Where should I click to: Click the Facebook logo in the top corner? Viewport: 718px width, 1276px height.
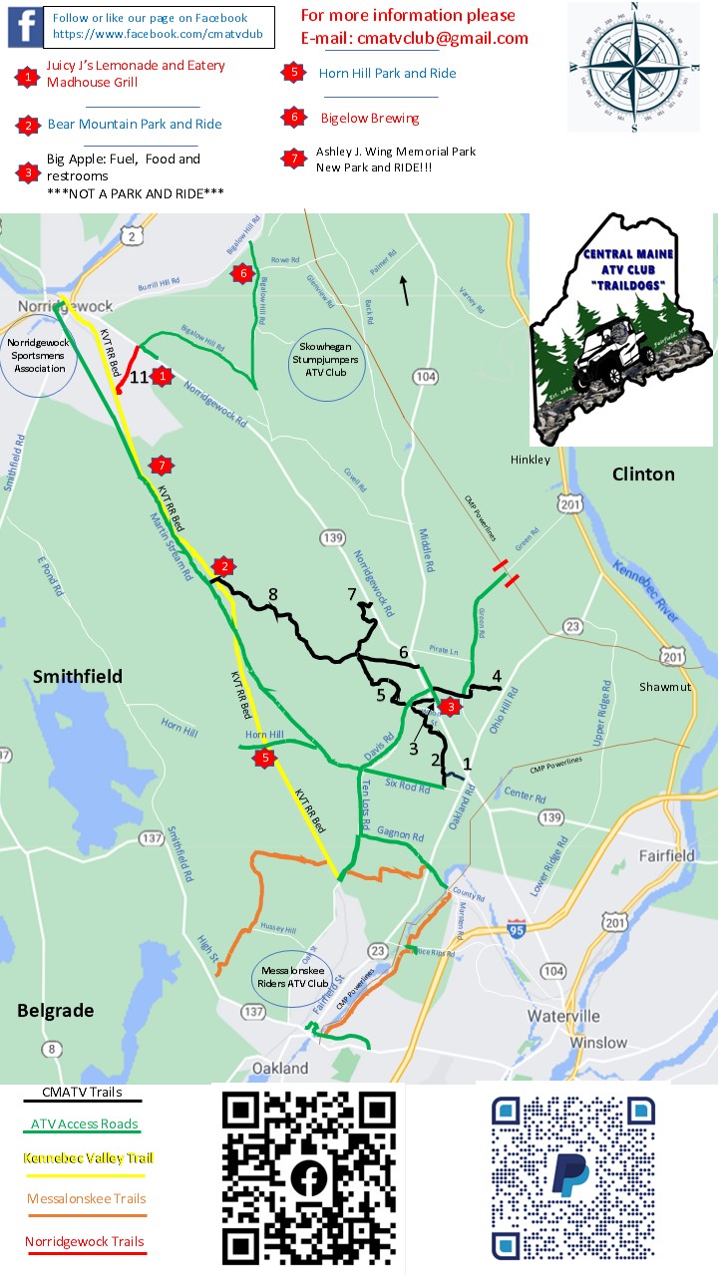(x=25, y=26)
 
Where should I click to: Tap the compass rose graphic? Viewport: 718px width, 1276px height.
(x=635, y=66)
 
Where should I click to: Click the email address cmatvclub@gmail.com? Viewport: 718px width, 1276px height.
(x=415, y=38)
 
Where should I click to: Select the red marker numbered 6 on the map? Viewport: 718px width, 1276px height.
(x=239, y=273)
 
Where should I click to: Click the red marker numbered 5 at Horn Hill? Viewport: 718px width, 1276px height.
(x=264, y=759)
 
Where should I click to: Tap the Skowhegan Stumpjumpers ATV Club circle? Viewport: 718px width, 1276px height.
(x=327, y=363)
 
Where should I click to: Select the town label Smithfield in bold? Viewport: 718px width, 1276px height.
(x=78, y=676)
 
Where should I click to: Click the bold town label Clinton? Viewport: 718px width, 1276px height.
(x=643, y=474)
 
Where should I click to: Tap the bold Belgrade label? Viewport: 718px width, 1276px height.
(x=55, y=1010)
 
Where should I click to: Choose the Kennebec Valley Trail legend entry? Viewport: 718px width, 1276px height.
(x=90, y=1158)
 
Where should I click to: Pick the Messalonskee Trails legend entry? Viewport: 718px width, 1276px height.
(x=86, y=1198)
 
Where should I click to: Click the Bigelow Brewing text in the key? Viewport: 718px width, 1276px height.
(x=370, y=118)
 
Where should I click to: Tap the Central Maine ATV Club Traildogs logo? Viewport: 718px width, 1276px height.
(x=621, y=329)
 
